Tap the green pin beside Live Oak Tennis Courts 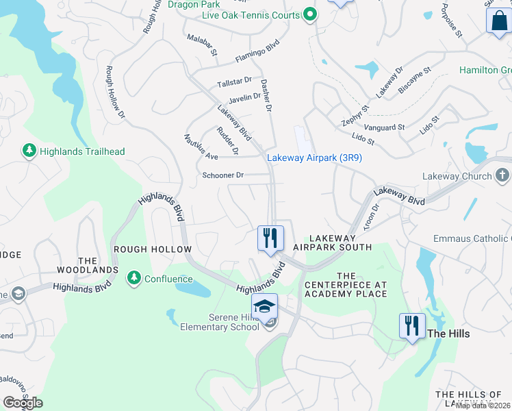[x=310, y=14]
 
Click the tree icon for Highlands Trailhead [x=29, y=151]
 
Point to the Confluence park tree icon [x=134, y=278]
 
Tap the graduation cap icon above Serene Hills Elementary [x=264, y=306]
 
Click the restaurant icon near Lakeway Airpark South [x=270, y=238]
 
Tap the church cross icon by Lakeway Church [x=502, y=176]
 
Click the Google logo [x=23, y=402]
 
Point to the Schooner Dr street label [x=223, y=175]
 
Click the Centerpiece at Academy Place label [x=346, y=284]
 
